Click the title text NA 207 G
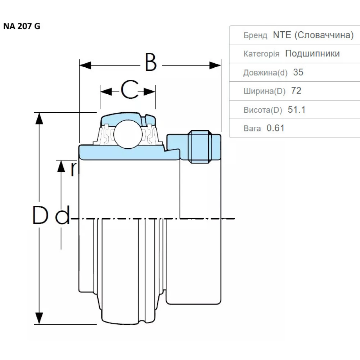tap(22, 27)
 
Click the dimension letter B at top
tap(151, 63)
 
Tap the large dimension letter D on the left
tap(40, 215)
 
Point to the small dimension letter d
tap(63, 216)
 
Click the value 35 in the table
tap(298, 72)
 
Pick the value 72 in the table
tap(296, 91)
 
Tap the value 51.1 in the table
tap(297, 110)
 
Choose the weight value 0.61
tap(275, 128)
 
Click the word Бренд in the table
tap(255, 35)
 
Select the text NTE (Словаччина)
tap(313, 35)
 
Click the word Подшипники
tap(312, 54)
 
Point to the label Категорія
tap(261, 54)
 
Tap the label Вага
tap(252, 129)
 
